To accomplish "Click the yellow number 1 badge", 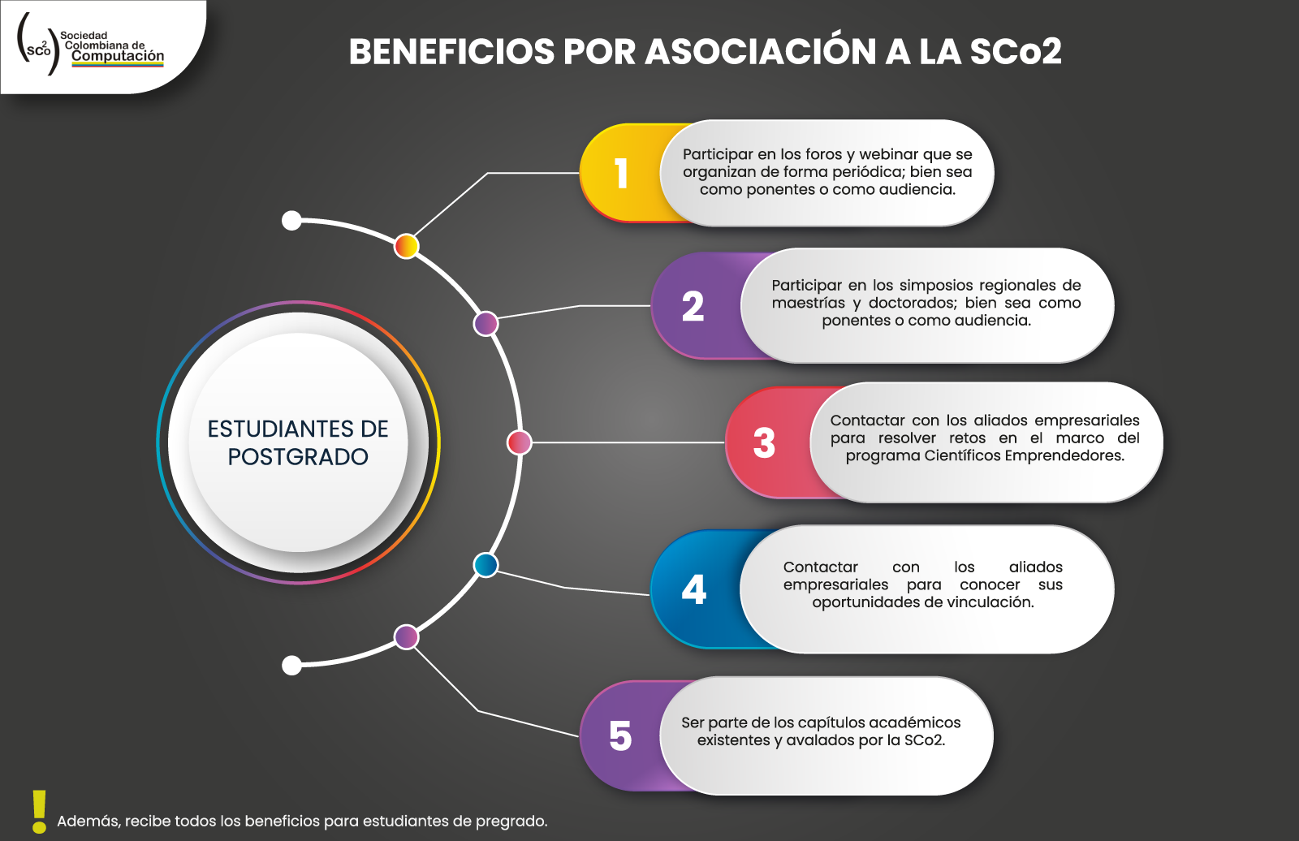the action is (x=622, y=173).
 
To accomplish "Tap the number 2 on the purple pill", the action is (x=693, y=306).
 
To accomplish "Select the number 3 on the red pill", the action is (x=764, y=443).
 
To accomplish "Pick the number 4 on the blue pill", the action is (x=693, y=589).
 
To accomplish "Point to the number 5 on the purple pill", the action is (x=620, y=736).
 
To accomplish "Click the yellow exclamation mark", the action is (x=40, y=812).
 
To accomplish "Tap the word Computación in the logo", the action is (x=118, y=56).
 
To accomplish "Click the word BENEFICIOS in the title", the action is (x=451, y=52).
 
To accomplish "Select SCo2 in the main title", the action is (x=1016, y=52).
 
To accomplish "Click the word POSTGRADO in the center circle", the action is (x=298, y=457).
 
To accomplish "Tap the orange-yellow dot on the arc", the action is (x=407, y=247).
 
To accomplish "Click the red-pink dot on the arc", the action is (x=519, y=442).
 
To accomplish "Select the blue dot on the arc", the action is (x=486, y=565).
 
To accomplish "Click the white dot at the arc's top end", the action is (x=291, y=221).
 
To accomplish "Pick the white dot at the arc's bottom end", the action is (x=291, y=666).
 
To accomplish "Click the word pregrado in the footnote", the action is (x=511, y=822).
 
